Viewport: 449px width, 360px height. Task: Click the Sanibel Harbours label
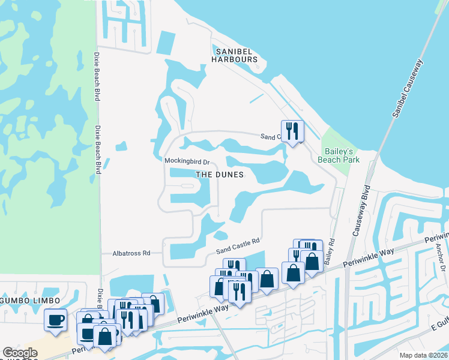[234, 55]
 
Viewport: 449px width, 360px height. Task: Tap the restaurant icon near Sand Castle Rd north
[292, 130]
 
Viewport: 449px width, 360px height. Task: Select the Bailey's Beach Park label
[342, 155]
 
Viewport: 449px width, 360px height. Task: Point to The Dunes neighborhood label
[220, 175]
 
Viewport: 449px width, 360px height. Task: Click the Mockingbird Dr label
[186, 162]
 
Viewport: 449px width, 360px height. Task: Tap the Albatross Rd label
[131, 254]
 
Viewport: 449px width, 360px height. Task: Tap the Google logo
[20, 353]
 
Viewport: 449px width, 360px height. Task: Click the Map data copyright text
[424, 355]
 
